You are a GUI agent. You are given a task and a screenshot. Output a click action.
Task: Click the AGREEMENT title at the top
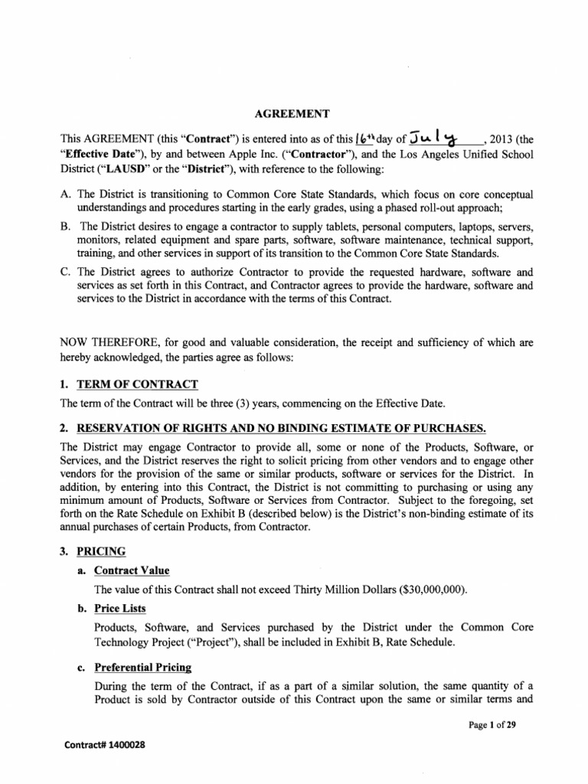(x=293, y=114)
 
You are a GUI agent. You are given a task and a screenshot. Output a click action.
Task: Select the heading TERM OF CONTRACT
(x=136, y=384)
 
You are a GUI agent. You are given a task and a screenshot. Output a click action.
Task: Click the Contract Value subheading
(x=132, y=570)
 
